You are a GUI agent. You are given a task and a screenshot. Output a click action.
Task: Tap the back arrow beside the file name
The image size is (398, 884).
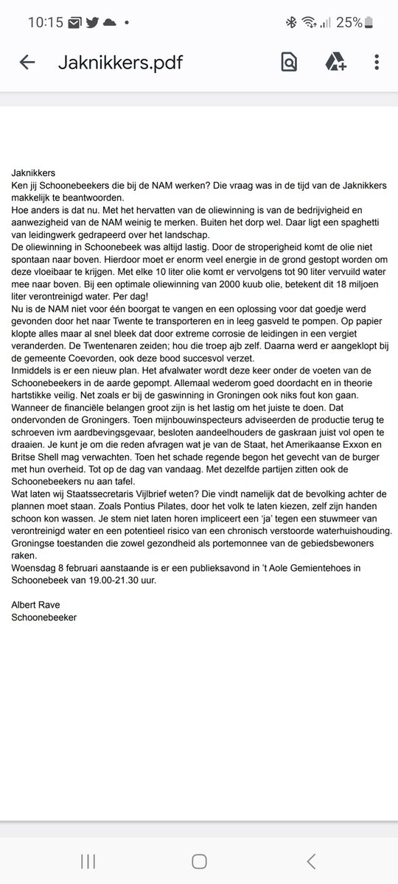tap(27, 63)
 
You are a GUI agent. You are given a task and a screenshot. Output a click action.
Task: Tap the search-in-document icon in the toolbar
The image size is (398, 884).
tap(289, 63)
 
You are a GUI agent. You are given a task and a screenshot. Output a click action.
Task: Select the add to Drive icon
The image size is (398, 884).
tap(335, 63)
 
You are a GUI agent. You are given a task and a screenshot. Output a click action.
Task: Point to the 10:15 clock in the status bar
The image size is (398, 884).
tap(46, 23)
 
